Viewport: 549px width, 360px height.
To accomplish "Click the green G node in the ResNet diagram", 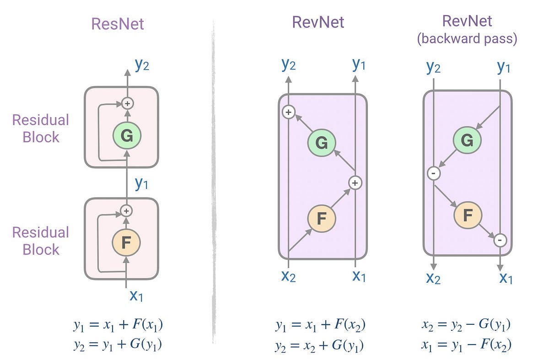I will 127,136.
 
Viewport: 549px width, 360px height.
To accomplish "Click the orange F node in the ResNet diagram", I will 127,243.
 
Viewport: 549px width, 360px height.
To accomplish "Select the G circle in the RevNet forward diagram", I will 322,143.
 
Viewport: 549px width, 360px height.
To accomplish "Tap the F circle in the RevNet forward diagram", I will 322,218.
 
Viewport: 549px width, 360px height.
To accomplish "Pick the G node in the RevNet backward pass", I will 467,140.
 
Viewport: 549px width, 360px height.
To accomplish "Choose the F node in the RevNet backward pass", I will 467,215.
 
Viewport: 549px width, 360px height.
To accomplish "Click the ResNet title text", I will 118,24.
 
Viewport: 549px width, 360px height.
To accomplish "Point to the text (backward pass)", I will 467,39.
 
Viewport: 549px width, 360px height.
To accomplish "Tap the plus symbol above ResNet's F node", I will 127,211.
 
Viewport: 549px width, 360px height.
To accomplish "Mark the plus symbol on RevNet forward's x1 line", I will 355,183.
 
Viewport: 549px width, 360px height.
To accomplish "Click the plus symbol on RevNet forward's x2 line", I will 288,112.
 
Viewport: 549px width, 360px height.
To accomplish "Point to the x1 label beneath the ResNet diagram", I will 136,296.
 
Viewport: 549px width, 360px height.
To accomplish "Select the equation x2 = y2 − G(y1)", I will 466,325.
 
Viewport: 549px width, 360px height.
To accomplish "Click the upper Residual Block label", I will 40,129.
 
